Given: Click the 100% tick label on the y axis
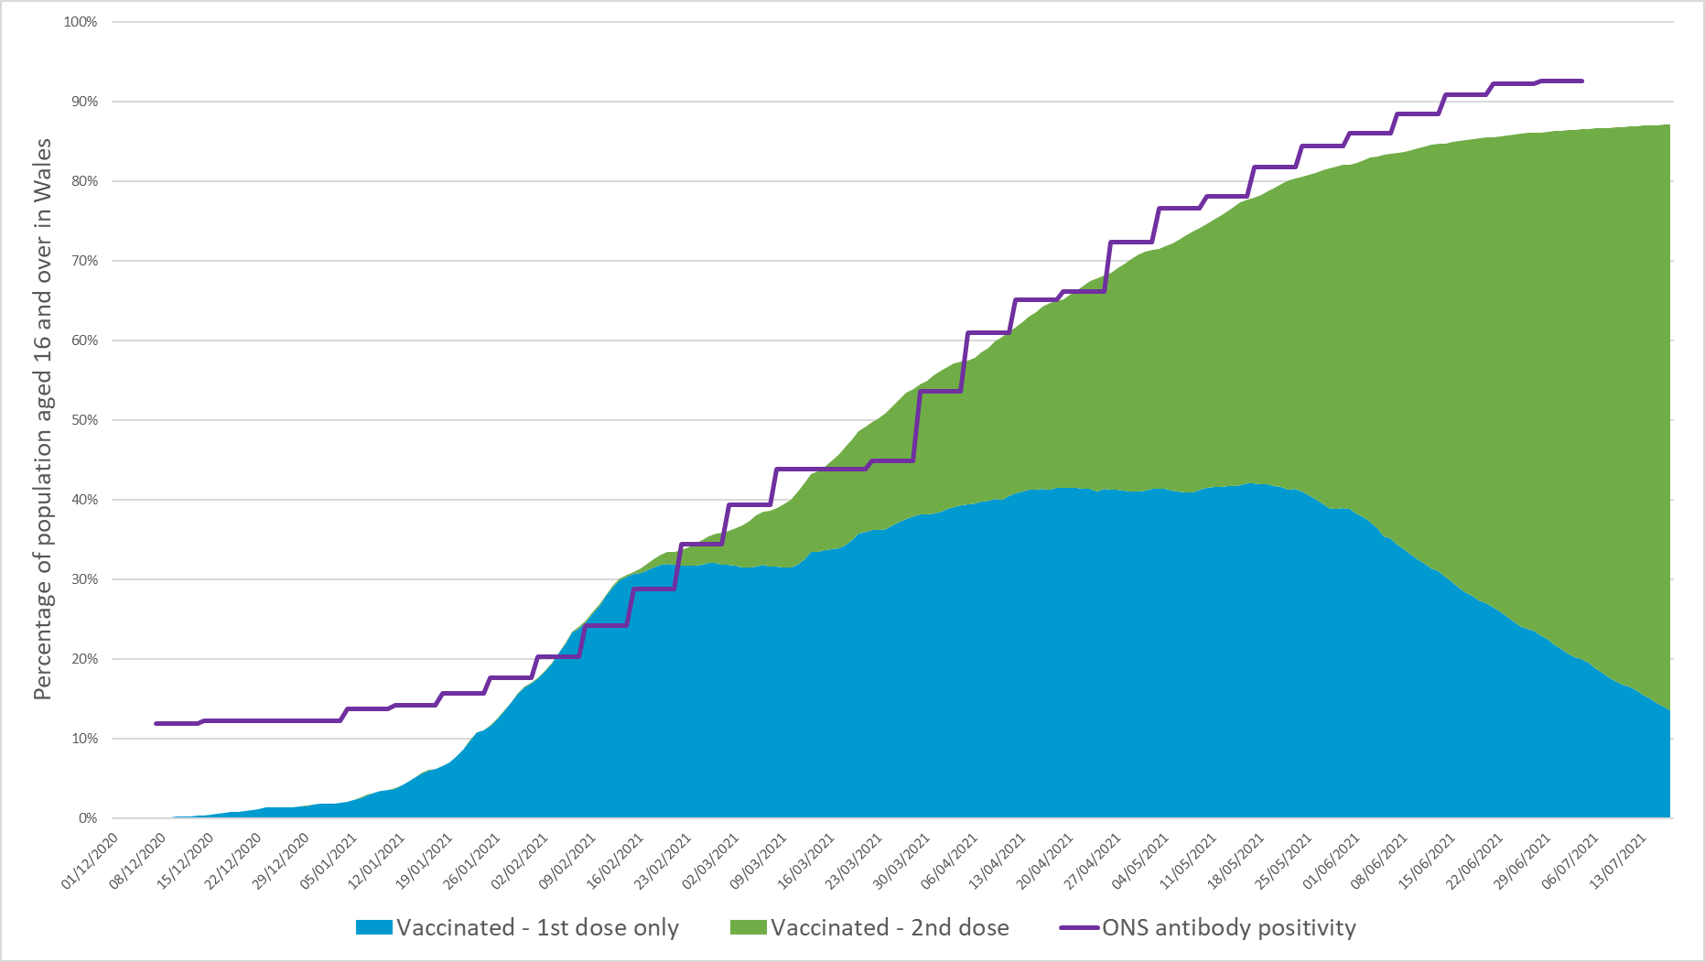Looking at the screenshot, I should coord(81,22).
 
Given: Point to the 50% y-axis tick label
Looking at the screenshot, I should coord(83,420).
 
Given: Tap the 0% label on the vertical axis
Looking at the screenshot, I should coord(88,818).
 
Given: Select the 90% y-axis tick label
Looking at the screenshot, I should coord(83,102).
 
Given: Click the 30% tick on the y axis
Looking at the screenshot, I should coord(83,579).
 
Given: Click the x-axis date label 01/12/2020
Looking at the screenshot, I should coord(91,861).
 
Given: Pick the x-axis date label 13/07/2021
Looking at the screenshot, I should coord(1619,861).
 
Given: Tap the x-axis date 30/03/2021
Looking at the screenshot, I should coord(901,861).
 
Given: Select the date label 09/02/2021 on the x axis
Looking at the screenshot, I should coord(567,861).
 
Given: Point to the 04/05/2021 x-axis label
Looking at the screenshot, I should coord(1140,861).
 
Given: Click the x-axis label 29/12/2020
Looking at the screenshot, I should coord(281,861).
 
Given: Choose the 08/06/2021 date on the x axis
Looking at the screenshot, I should coord(1379,861).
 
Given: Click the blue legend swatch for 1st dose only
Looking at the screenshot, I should coord(373,928).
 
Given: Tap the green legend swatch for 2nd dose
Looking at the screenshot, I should coord(748,928).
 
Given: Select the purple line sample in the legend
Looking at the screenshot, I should coord(1079,928).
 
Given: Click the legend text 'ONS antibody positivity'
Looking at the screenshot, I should coord(1229,928).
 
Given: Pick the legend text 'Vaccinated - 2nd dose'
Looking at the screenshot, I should coord(890,928).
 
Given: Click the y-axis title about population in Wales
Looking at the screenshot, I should coord(43,419).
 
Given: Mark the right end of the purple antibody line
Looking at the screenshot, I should coord(1581,81).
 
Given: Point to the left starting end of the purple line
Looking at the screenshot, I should coord(156,723).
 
